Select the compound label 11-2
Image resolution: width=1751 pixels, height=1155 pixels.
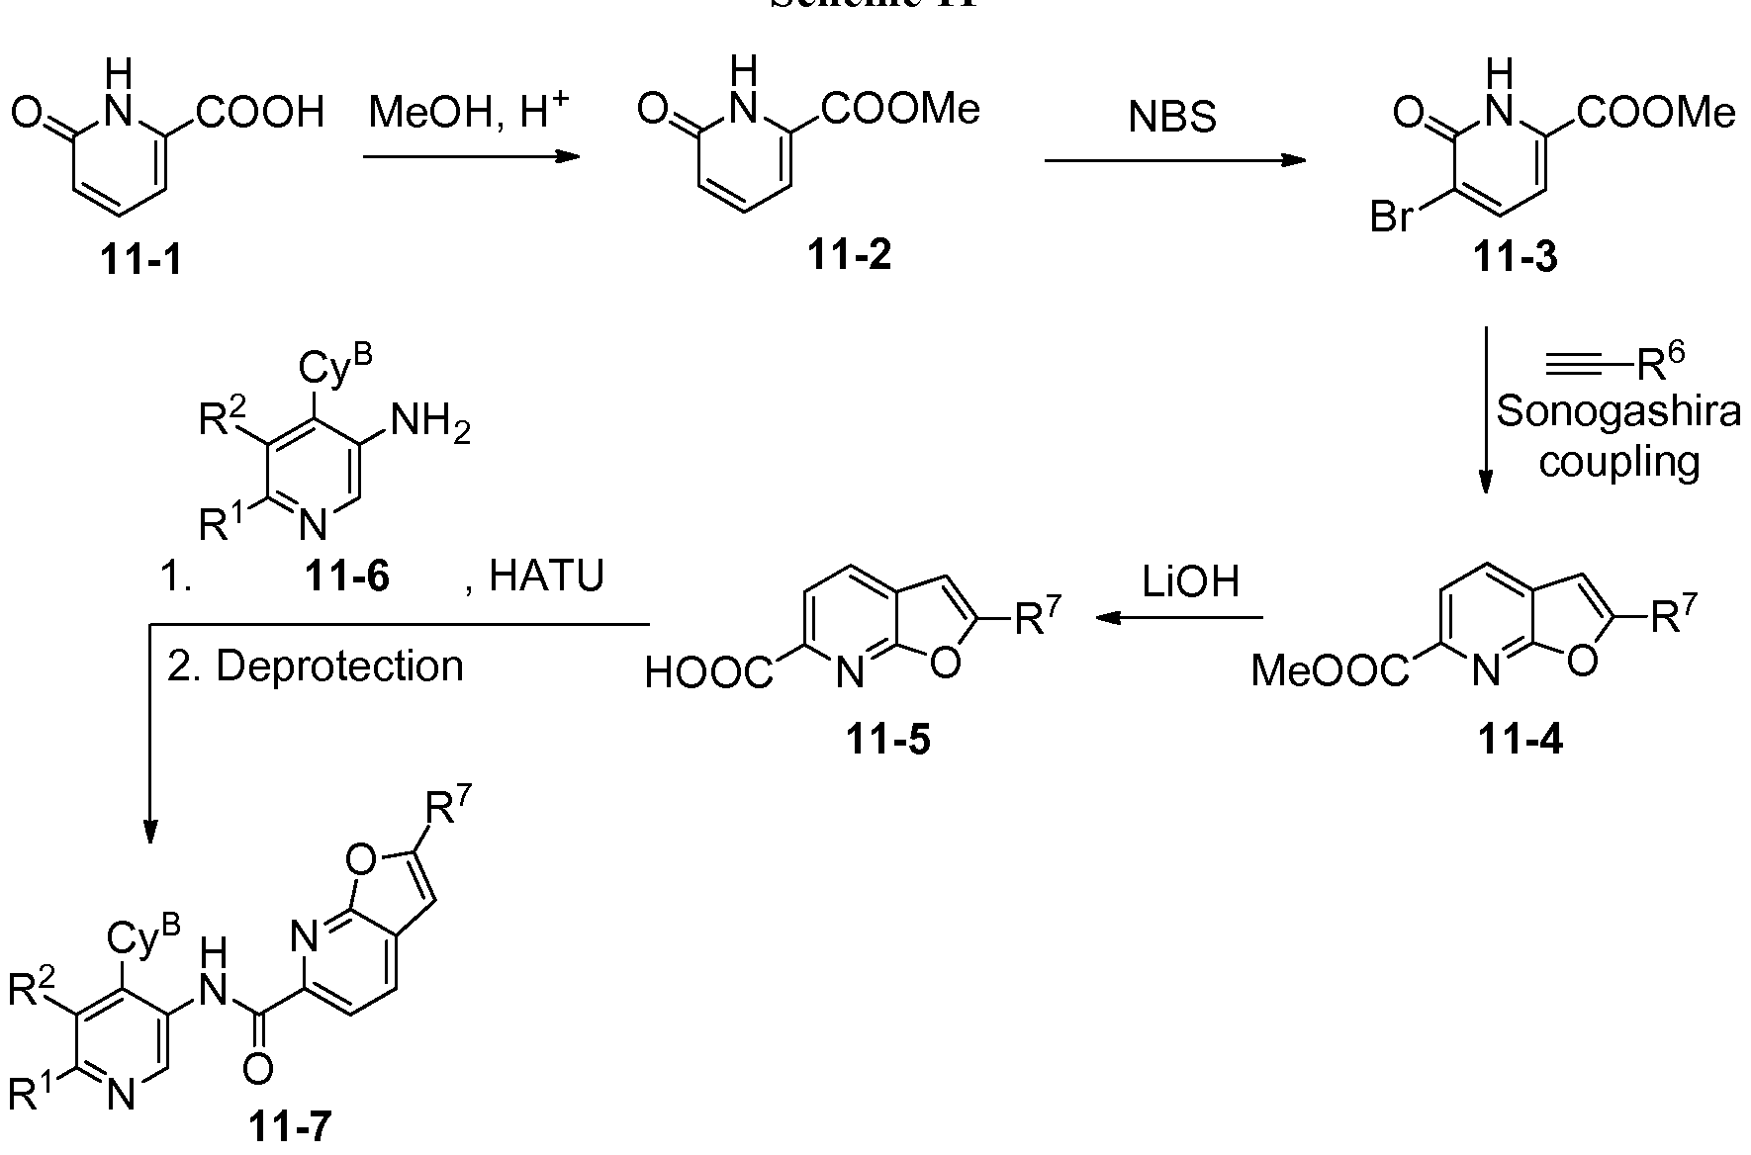849,256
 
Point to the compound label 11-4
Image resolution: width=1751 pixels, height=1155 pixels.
1521,740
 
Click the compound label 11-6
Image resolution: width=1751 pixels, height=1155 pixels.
347,577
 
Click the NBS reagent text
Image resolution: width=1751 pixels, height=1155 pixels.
1172,119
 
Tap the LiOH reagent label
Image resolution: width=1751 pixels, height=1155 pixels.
1189,582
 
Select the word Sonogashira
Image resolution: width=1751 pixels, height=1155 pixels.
1617,411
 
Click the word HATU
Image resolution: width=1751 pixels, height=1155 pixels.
546,577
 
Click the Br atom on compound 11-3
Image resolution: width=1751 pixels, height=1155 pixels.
1391,217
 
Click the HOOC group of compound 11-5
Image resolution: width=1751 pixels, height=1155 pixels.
708,673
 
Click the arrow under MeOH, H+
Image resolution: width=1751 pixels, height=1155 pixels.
471,156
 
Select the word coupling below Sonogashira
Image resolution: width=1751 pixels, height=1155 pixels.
1618,461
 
